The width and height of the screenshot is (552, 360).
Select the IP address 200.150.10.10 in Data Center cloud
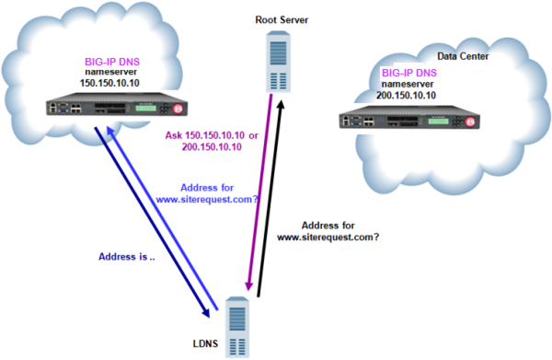pos(407,95)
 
